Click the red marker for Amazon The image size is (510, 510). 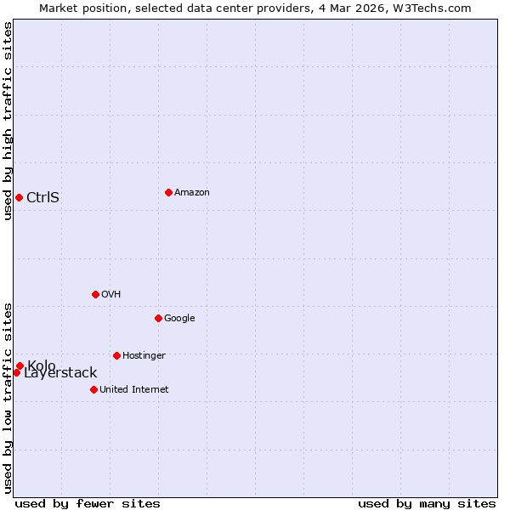pos(168,192)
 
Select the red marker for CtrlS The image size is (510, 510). pos(19,197)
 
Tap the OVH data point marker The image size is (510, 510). pos(95,294)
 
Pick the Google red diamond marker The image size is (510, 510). pos(158,318)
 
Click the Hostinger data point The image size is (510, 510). pos(116,355)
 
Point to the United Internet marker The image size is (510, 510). pos(93,389)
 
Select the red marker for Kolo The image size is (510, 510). pos(20,365)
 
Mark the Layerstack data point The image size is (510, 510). pos(16,372)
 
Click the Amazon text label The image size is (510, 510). pos(192,193)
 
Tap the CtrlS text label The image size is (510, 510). pos(43,198)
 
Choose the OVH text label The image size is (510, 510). pos(111,295)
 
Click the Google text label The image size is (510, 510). pos(179,319)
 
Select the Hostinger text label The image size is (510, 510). pos(144,356)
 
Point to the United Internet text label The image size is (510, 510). pos(134,390)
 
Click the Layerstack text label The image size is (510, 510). pos(61,374)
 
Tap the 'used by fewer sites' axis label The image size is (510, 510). pos(88,504)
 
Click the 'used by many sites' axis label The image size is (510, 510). pos(427,504)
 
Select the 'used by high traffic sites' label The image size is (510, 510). pos(8,121)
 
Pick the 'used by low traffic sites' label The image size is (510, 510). pos(8,398)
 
